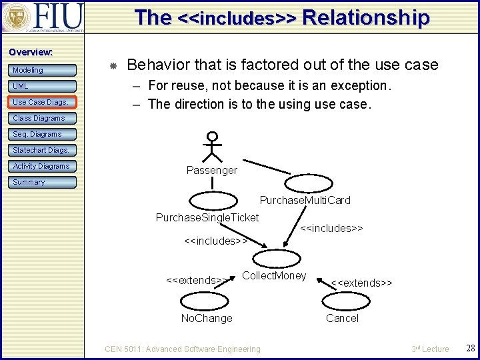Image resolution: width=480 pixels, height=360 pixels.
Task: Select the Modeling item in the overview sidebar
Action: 43,70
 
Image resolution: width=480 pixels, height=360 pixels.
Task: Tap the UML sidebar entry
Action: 43,86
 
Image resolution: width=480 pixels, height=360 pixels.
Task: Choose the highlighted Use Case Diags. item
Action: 43,102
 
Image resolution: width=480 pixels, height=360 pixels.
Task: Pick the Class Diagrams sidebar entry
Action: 43,118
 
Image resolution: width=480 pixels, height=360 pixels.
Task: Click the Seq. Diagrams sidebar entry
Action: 43,134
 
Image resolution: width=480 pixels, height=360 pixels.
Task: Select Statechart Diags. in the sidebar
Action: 43,150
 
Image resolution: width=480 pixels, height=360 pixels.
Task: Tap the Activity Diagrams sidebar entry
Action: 43,166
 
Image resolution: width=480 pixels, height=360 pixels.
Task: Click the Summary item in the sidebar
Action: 43,182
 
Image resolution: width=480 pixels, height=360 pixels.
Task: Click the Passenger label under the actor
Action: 211,171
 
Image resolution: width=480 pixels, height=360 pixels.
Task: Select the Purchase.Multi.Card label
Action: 305,200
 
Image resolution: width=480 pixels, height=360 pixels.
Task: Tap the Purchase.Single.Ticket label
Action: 207,217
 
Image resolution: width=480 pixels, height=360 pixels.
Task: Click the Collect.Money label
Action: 274,275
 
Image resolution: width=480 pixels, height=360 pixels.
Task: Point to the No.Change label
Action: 207,318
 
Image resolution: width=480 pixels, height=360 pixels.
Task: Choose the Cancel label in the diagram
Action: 342,318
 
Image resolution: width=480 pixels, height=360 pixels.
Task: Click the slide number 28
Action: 470,349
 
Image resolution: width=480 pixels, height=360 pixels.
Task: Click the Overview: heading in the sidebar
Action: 31,52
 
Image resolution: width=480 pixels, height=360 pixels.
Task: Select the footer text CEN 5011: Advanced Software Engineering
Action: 183,349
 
